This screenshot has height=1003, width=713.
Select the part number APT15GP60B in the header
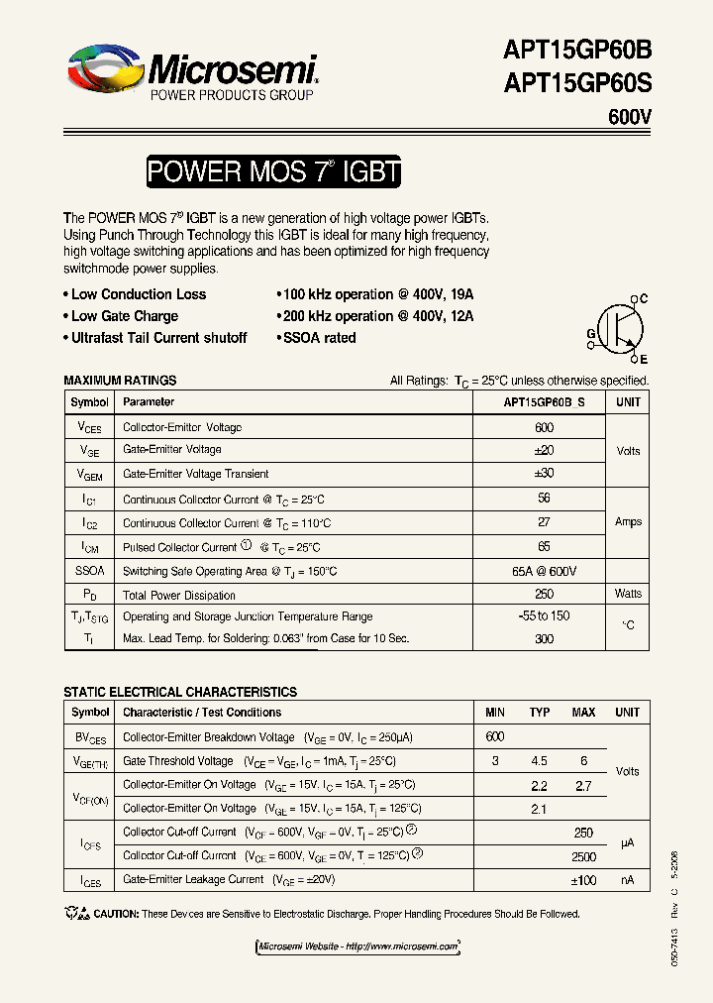pos(577,52)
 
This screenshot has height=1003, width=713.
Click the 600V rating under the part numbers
pos(630,118)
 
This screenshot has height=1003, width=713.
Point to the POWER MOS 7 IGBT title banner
pos(273,172)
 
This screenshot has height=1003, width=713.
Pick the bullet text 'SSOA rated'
pos(319,338)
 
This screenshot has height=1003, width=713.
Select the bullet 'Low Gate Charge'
pos(124,316)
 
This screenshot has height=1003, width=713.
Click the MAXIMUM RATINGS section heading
pos(120,381)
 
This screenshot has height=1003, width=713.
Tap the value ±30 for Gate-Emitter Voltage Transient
pos(544,473)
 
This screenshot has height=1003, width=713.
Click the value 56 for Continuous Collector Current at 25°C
pos(544,499)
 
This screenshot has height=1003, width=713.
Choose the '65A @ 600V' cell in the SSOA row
pos(544,572)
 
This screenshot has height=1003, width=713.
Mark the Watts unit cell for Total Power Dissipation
pos(628,594)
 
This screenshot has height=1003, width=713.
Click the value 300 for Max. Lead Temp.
pos(544,639)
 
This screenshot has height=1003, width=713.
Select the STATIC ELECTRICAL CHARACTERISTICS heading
pos(179,692)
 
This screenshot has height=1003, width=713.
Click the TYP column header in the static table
pos(540,713)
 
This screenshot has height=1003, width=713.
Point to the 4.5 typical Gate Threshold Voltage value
pos(540,761)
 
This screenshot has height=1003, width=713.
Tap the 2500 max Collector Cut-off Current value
pos(584,856)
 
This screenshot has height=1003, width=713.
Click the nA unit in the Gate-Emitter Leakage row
pos(628,879)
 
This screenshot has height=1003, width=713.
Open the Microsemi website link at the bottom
pos(357,947)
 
